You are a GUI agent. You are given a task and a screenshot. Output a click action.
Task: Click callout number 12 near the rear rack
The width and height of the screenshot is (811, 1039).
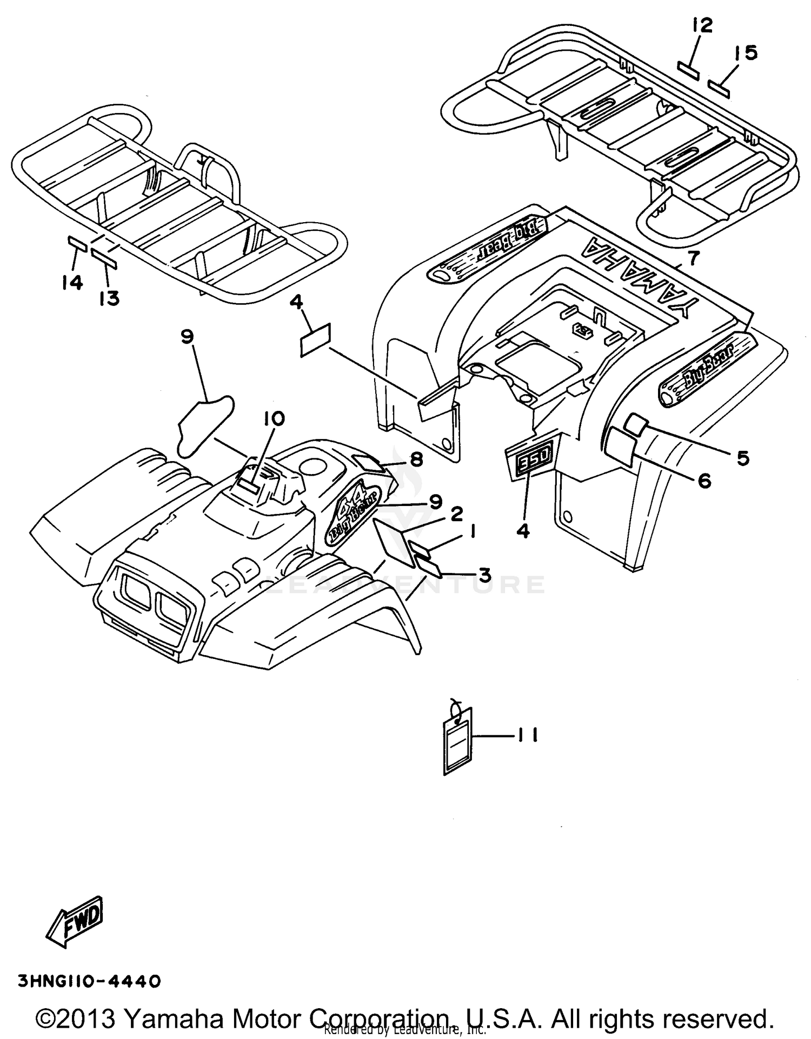(x=702, y=26)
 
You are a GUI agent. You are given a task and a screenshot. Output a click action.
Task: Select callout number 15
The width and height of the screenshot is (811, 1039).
(x=746, y=53)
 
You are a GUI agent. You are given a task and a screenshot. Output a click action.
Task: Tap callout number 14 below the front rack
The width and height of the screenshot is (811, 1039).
(x=72, y=282)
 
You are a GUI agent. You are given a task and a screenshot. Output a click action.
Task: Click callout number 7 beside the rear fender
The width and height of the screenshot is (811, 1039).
(x=693, y=258)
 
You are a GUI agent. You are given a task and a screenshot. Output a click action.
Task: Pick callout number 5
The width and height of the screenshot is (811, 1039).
(x=743, y=458)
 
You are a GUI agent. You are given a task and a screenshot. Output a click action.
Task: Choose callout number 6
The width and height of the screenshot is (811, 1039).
(x=704, y=481)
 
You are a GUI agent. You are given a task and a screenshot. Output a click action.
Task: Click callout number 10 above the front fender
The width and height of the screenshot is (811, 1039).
(x=275, y=418)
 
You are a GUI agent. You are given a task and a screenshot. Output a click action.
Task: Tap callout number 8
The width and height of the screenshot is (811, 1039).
(x=416, y=459)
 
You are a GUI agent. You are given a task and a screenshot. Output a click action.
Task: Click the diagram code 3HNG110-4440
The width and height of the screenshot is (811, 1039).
(x=89, y=981)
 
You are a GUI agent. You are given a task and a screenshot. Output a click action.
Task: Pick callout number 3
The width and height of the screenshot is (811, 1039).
(x=484, y=575)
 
